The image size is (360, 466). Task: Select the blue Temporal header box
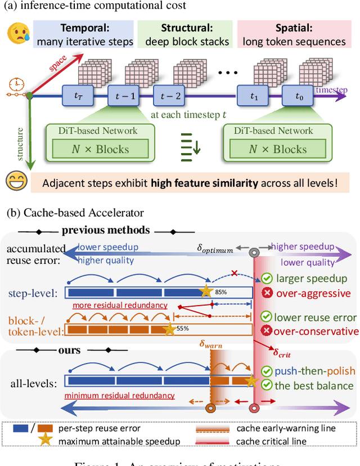click(84, 33)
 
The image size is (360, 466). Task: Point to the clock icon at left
click(15, 85)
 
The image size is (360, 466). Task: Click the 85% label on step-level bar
click(220, 293)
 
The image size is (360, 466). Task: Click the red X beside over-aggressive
click(267, 293)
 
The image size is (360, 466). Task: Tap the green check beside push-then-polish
click(267, 371)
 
